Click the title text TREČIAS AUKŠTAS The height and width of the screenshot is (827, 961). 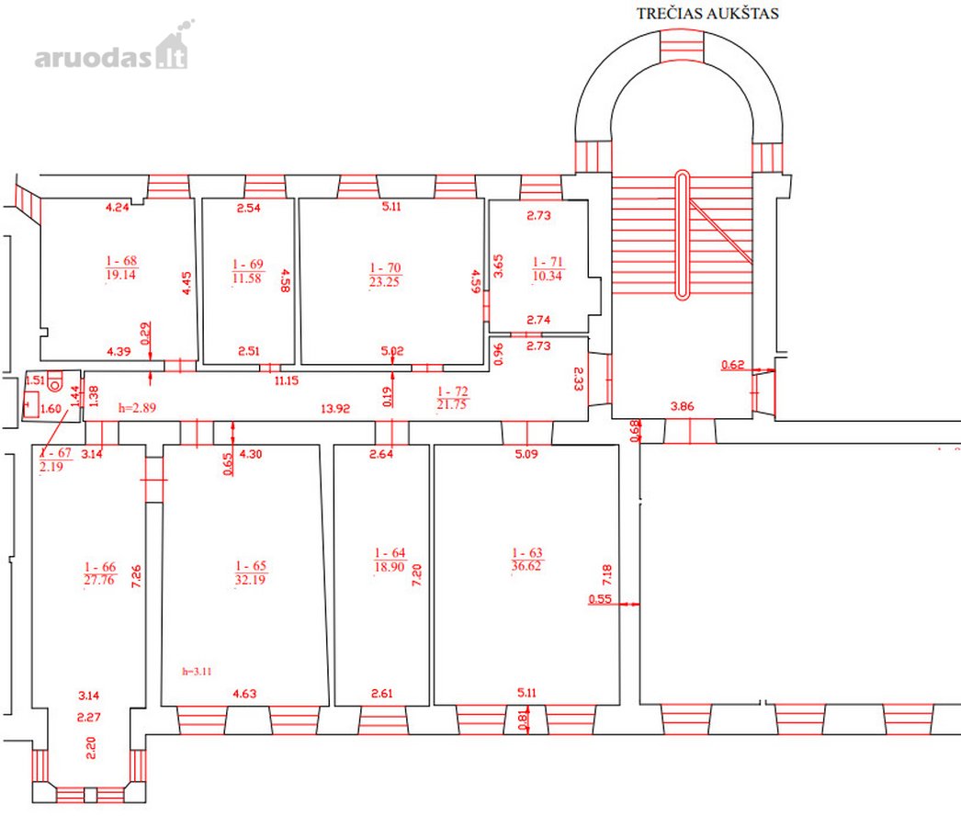click(707, 14)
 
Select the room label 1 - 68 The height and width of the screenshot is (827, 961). click(121, 261)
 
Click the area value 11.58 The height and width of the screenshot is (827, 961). click(247, 278)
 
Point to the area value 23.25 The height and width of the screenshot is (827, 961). click(384, 282)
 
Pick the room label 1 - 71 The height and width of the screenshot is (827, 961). click(548, 262)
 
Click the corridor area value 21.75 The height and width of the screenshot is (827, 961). click(452, 404)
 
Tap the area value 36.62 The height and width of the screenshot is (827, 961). click(526, 566)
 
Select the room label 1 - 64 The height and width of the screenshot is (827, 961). click(390, 552)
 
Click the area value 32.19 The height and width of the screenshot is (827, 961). click(250, 579)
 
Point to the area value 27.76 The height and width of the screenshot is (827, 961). click(99, 580)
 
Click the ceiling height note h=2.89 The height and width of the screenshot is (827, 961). click(137, 408)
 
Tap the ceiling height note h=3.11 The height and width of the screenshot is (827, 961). click(197, 672)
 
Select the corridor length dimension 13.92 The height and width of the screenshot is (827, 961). click(335, 408)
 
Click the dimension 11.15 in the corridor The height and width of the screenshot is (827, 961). click(287, 380)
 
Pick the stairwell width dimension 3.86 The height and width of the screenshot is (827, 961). click(682, 406)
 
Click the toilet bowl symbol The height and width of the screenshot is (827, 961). click(54, 380)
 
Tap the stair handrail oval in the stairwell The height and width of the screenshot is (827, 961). click(682, 235)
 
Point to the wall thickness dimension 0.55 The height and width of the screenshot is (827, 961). click(600, 599)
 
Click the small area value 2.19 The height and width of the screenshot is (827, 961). click(51, 467)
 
